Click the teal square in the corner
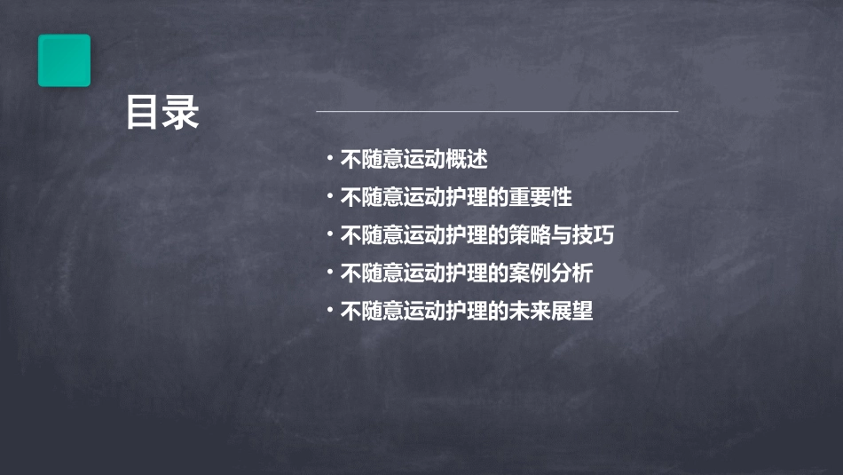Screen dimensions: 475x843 coord(64,60)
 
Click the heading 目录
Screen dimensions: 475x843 coord(162,114)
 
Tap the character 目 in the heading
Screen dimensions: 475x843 coord(143,114)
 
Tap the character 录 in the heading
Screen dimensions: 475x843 coord(182,114)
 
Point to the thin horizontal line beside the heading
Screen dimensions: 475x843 coord(497,111)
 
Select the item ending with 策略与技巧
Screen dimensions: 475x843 coord(477,235)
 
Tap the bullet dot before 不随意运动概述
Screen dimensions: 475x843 coord(329,159)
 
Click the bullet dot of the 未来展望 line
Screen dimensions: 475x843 coord(329,310)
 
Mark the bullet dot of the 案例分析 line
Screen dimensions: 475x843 coord(329,272)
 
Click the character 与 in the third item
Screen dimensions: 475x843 coord(561,235)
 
